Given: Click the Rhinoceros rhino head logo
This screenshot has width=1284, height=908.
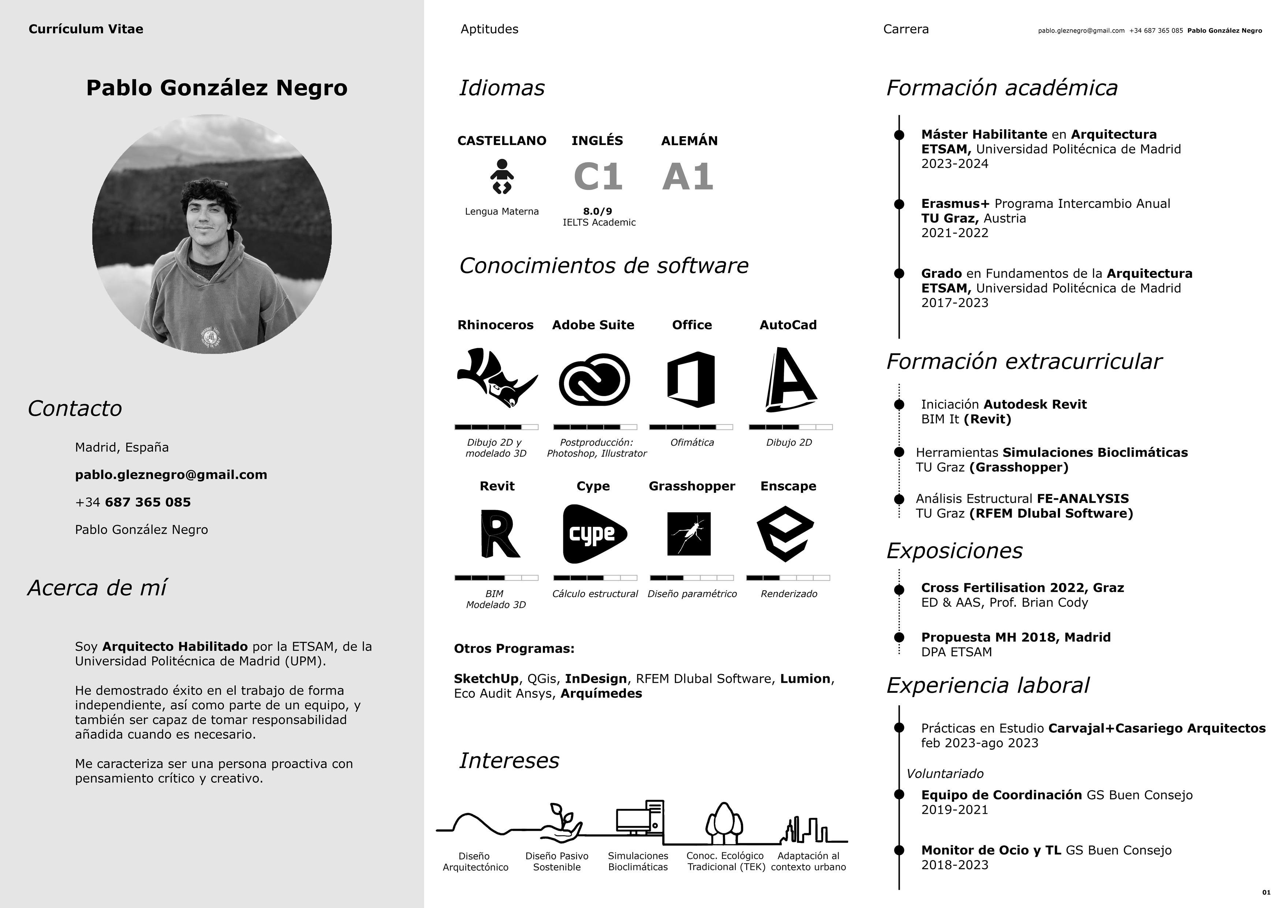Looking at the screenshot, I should click(497, 378).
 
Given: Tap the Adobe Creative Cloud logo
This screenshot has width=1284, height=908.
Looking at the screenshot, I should click(594, 379).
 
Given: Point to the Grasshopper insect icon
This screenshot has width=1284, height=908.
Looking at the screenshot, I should click(689, 534).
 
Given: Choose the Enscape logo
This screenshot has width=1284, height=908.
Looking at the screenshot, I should click(785, 534).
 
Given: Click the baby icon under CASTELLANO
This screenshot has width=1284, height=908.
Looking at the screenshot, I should click(502, 176).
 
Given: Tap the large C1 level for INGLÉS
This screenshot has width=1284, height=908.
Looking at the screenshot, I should click(598, 177).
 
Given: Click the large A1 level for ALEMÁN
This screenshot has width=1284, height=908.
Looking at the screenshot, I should click(688, 177).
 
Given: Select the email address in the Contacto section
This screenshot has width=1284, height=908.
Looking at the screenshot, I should click(171, 475).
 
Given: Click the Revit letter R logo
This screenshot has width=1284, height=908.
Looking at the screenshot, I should click(499, 534).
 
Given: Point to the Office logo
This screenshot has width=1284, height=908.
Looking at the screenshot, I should click(691, 379).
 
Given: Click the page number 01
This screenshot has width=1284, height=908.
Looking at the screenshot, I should click(1266, 892).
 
